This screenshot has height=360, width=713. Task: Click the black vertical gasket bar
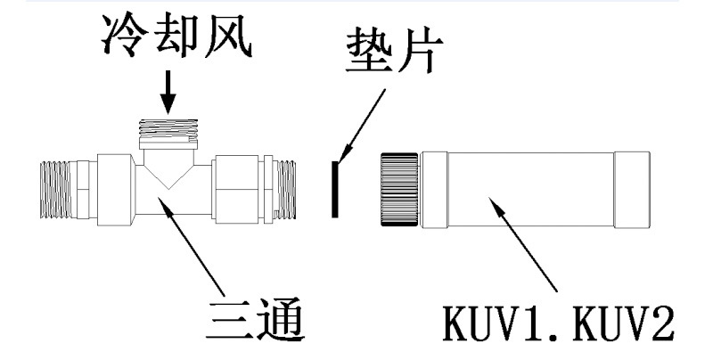point(333,188)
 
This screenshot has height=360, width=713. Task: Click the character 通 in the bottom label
point(285,323)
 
